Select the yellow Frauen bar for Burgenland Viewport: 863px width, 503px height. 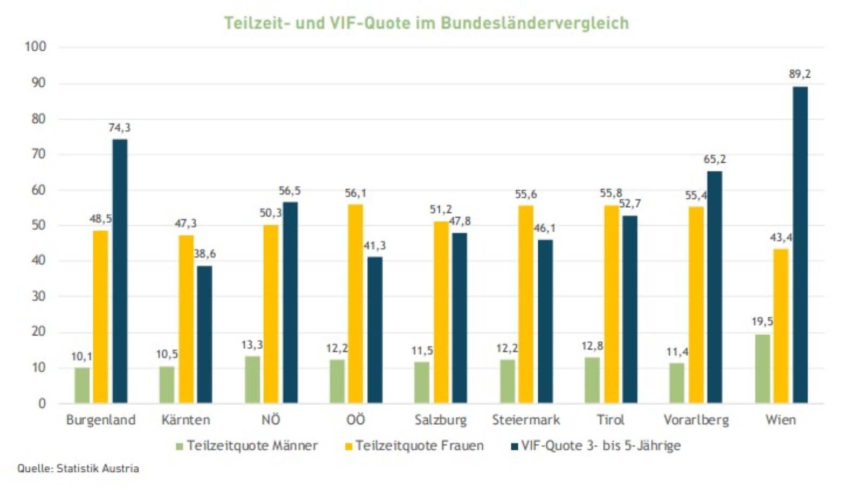(100, 317)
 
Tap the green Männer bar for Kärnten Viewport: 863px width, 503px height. (167, 384)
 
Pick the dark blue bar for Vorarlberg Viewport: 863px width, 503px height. (714, 287)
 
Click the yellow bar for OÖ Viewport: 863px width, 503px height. (355, 304)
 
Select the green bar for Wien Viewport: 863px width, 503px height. (762, 368)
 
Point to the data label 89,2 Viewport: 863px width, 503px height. (799, 74)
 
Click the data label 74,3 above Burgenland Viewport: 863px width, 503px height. (119, 128)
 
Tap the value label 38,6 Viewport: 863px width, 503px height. (204, 253)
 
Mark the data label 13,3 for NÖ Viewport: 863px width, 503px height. (252, 344)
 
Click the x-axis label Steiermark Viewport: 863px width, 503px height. (526, 419)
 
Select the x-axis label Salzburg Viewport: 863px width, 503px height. (441, 419)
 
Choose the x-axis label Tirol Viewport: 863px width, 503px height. (611, 419)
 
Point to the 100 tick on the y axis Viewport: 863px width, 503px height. (36, 46)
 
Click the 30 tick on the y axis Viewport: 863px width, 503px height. (38, 296)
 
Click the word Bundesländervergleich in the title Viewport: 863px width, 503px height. (535, 23)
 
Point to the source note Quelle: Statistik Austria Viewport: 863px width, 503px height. (78, 468)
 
